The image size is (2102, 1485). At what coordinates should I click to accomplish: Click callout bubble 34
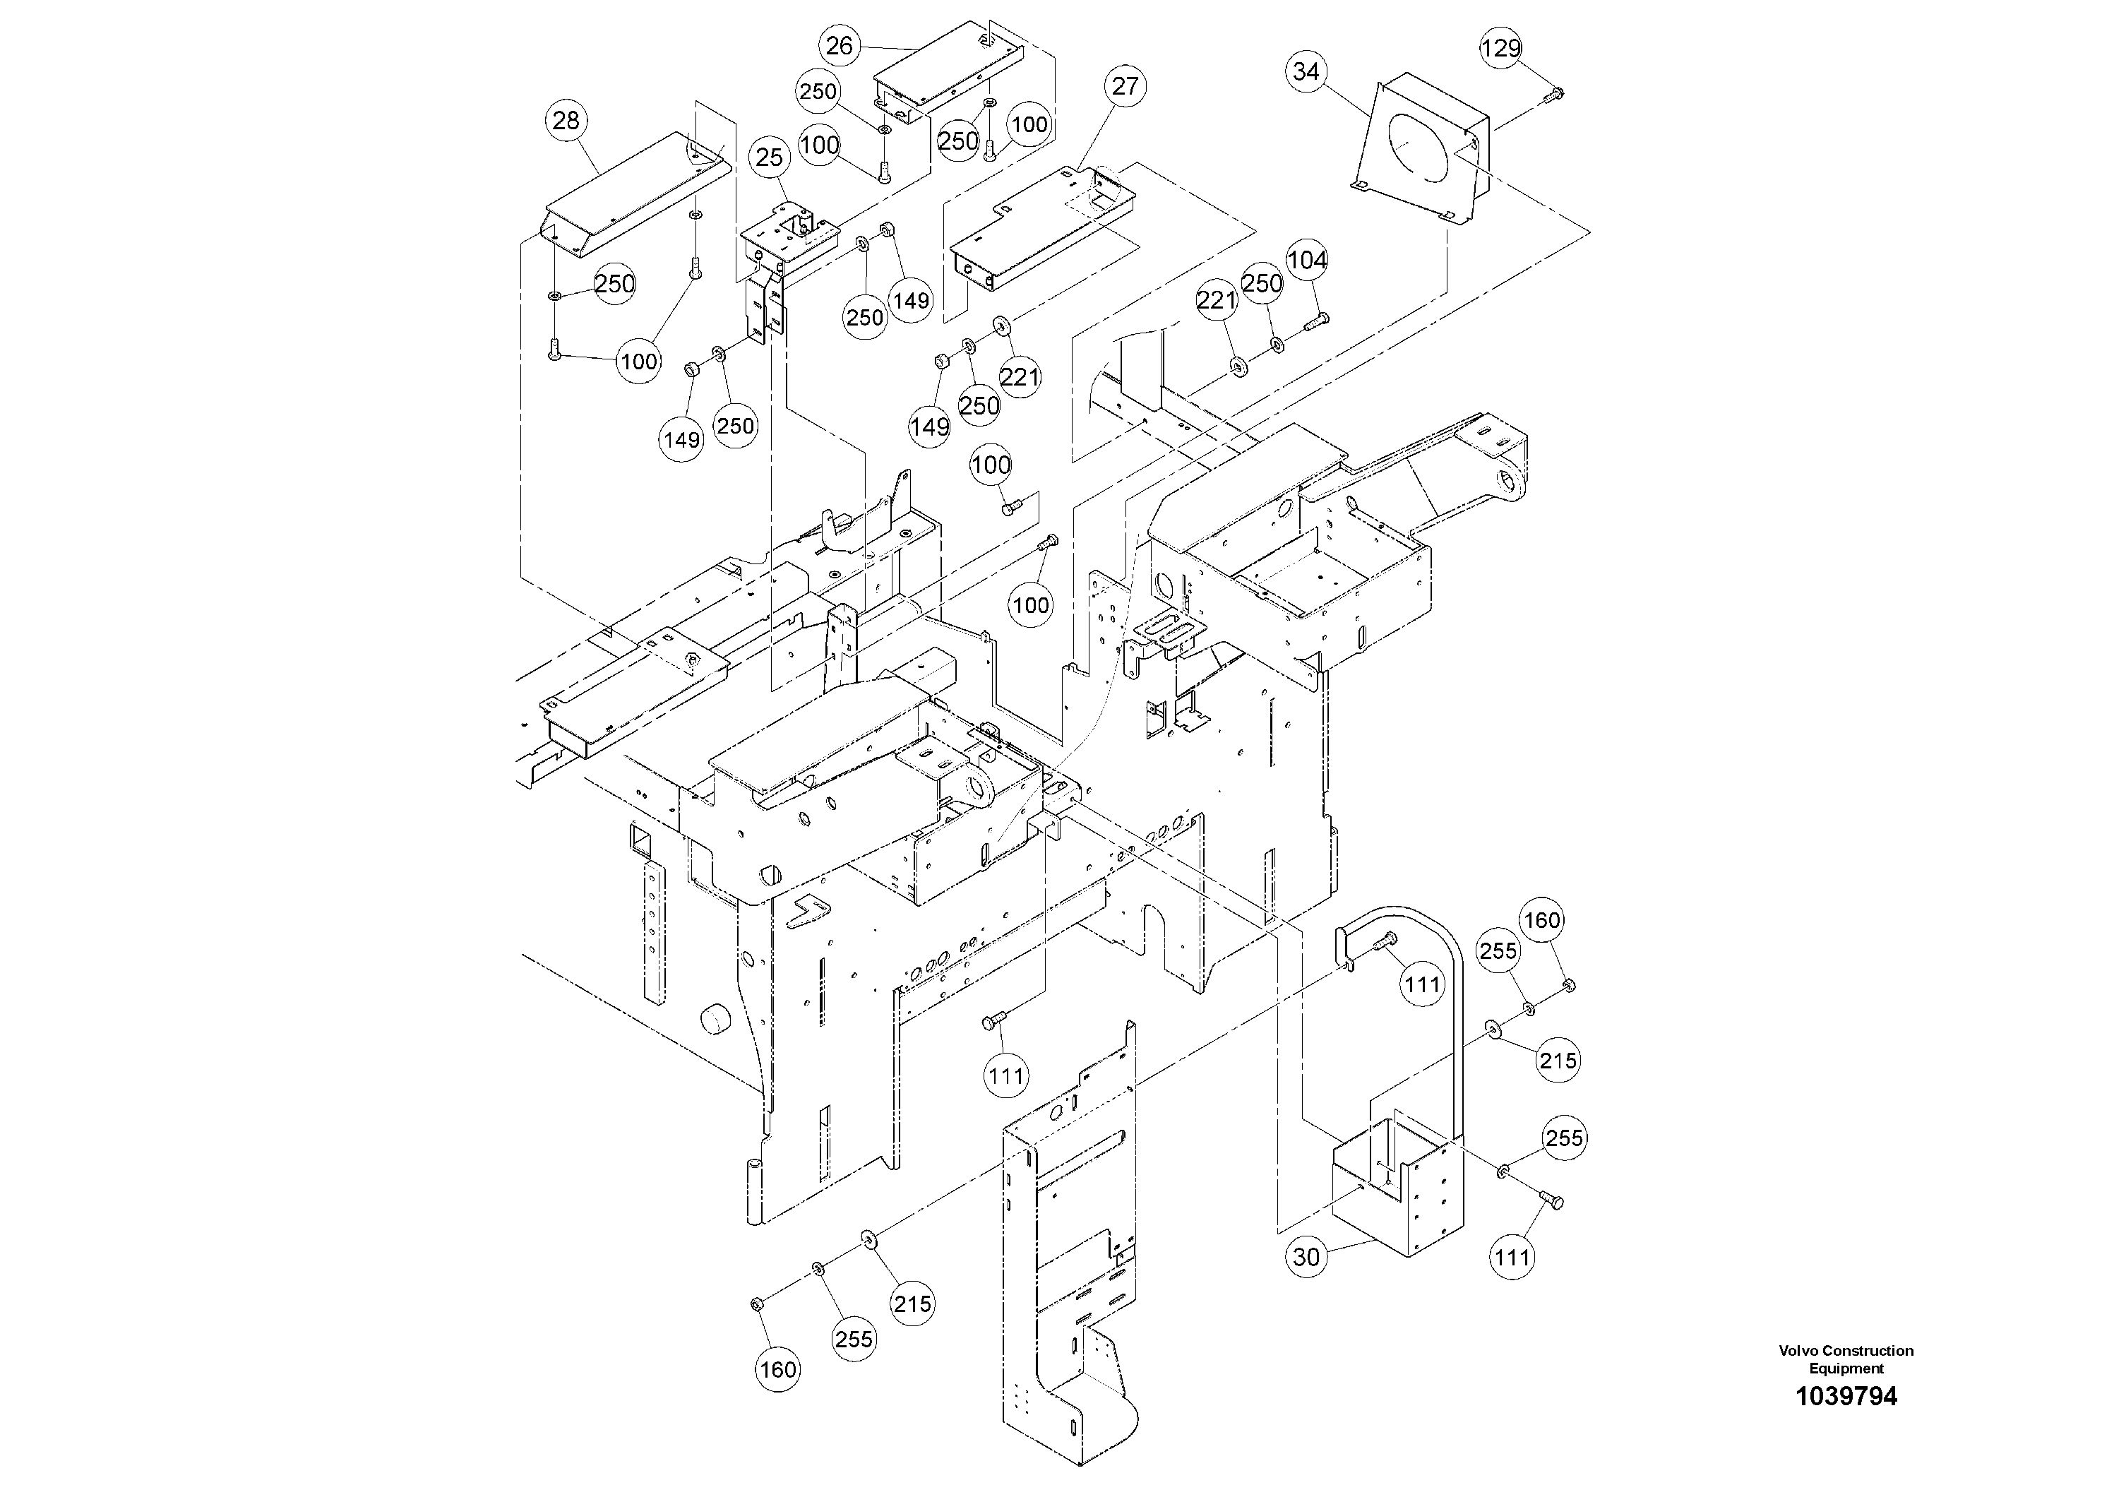pyautogui.click(x=1306, y=71)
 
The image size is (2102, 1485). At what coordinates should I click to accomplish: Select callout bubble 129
pyautogui.click(x=1501, y=47)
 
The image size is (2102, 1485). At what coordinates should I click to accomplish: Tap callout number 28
pyautogui.click(x=567, y=120)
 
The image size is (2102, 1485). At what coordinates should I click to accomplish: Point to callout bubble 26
pyautogui.click(x=840, y=46)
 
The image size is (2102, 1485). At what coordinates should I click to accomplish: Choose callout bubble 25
pyautogui.click(x=770, y=157)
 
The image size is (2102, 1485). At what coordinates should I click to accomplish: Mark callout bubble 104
pyautogui.click(x=1306, y=261)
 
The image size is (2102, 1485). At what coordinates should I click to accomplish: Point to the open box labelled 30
pyautogui.click(x=1396, y=1191)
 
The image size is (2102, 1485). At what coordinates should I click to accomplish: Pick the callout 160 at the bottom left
pyautogui.click(x=777, y=1370)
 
